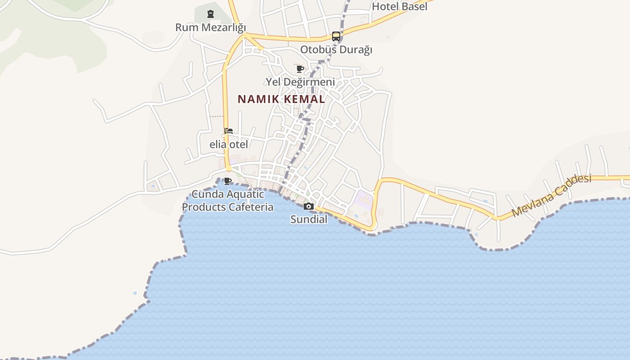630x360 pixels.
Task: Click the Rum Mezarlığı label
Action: click(211, 27)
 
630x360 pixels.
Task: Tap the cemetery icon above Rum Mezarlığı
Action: click(211, 14)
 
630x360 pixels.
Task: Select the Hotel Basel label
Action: click(400, 6)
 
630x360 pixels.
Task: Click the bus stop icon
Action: click(336, 36)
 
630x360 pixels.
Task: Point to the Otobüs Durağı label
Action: click(336, 49)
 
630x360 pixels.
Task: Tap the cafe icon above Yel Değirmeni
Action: click(300, 69)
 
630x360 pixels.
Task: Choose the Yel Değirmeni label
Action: click(300, 82)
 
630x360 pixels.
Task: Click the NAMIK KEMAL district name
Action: click(281, 99)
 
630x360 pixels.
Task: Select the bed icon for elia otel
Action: click(229, 131)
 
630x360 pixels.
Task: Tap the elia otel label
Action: click(229, 144)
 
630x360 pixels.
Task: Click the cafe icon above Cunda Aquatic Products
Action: click(228, 181)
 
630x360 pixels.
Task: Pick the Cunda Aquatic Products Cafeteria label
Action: click(228, 201)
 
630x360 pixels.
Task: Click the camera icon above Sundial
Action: click(308, 206)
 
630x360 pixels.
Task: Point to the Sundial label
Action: click(308, 219)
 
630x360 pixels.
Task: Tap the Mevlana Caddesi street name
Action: click(551, 196)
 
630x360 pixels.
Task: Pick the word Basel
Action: click(414, 6)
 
